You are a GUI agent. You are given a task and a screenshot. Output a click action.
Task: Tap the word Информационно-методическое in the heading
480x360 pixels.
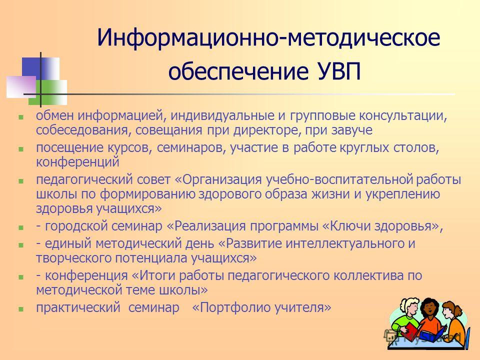click(268, 37)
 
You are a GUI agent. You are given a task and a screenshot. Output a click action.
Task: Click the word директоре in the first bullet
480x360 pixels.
click(265, 130)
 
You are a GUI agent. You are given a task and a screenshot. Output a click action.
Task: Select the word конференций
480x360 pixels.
click(77, 162)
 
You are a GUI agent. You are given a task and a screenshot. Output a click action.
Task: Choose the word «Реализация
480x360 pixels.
click(206, 226)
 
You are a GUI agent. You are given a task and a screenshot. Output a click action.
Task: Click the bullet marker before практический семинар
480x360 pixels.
click(21, 309)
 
